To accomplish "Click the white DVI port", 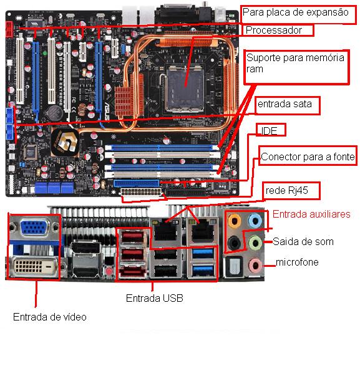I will (33, 267).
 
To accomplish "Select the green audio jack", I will (255, 242).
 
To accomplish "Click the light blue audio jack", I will (255, 219).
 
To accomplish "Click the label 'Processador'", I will (273, 30).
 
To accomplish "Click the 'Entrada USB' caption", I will (154, 298).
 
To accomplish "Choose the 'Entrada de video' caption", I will (50, 317).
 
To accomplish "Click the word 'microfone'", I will (296, 263).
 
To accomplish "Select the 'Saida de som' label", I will (303, 241).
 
